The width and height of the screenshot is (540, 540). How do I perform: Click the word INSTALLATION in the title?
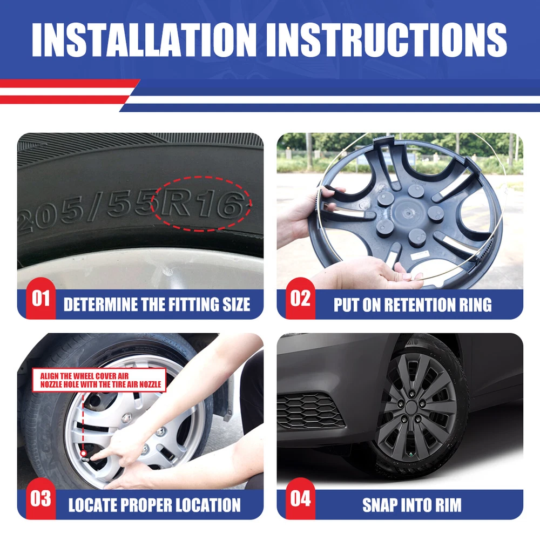click(144, 40)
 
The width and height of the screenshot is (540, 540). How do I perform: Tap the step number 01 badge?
click(40, 299)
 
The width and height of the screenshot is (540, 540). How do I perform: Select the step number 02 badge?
click(300, 299)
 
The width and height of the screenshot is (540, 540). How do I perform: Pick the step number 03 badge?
click(40, 498)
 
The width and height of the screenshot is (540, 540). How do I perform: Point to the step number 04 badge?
click(300, 498)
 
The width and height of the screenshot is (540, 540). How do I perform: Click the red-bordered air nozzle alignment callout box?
click(99, 380)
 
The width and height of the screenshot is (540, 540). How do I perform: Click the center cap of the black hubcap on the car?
click(411, 408)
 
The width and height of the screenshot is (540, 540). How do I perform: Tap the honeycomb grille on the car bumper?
click(310, 411)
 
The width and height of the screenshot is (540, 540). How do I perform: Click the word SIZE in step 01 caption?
click(237, 305)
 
